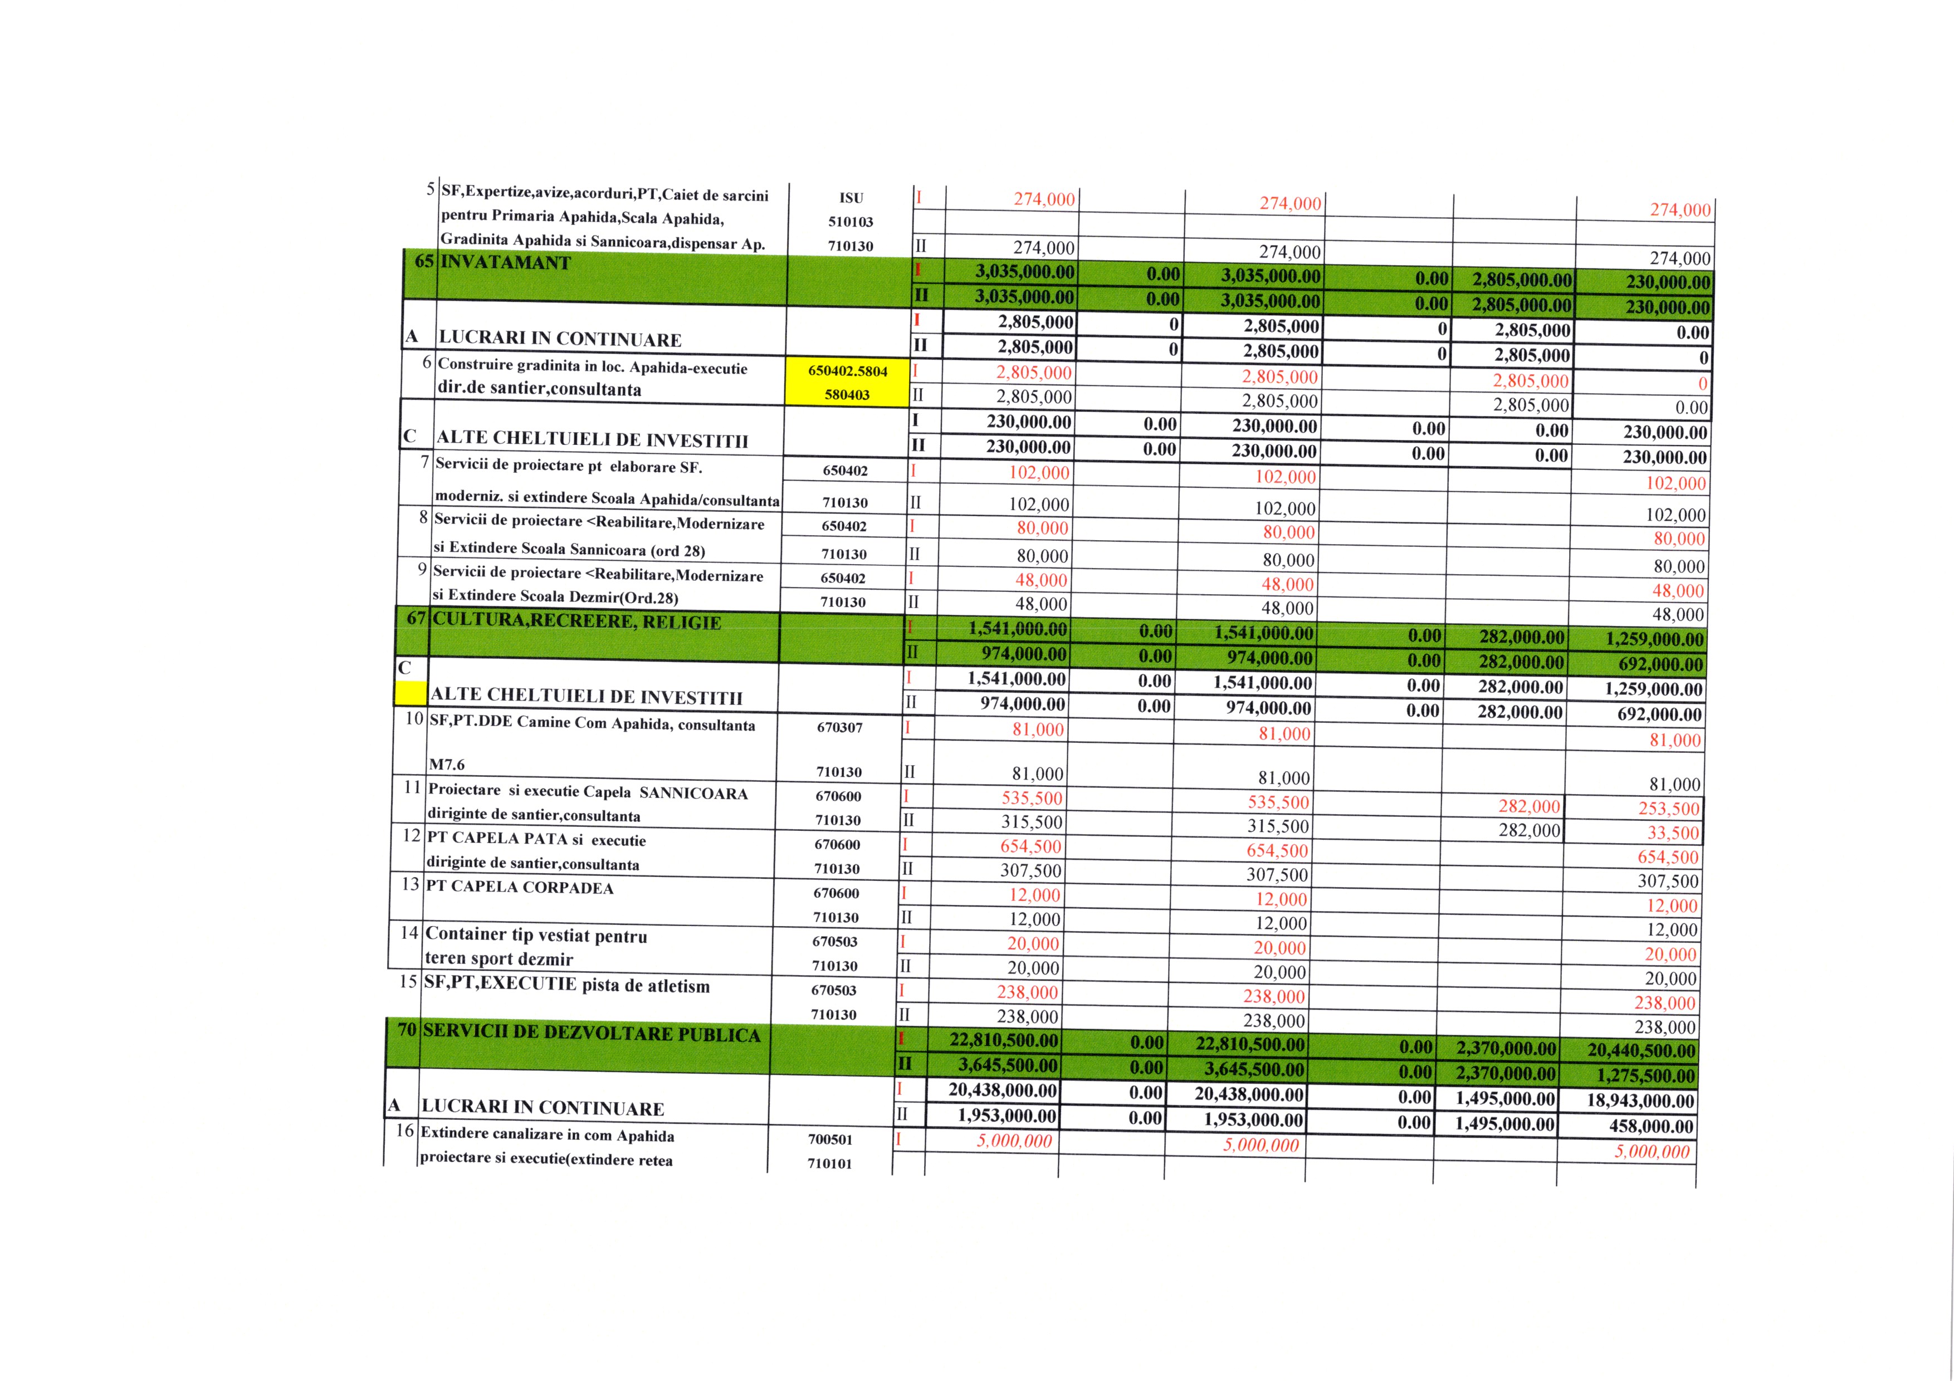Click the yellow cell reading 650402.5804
click(848, 371)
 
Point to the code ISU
click(851, 198)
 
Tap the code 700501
click(831, 1139)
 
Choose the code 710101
click(830, 1163)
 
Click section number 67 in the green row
click(416, 618)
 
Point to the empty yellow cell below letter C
click(410, 693)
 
